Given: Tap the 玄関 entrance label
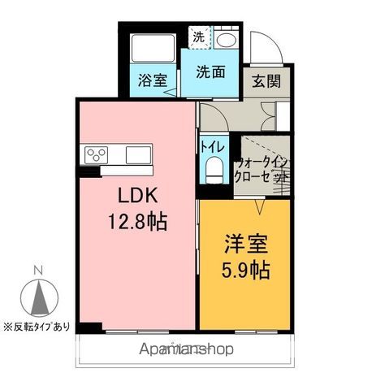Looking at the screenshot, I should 266,81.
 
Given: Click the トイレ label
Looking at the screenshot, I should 212,147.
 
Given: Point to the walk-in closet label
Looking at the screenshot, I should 262,169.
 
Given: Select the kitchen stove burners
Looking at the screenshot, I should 95,154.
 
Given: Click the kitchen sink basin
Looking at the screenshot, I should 136,154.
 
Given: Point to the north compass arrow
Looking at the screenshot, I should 37,298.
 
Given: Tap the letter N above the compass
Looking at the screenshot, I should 37,271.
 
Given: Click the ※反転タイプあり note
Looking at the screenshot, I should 37,327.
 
